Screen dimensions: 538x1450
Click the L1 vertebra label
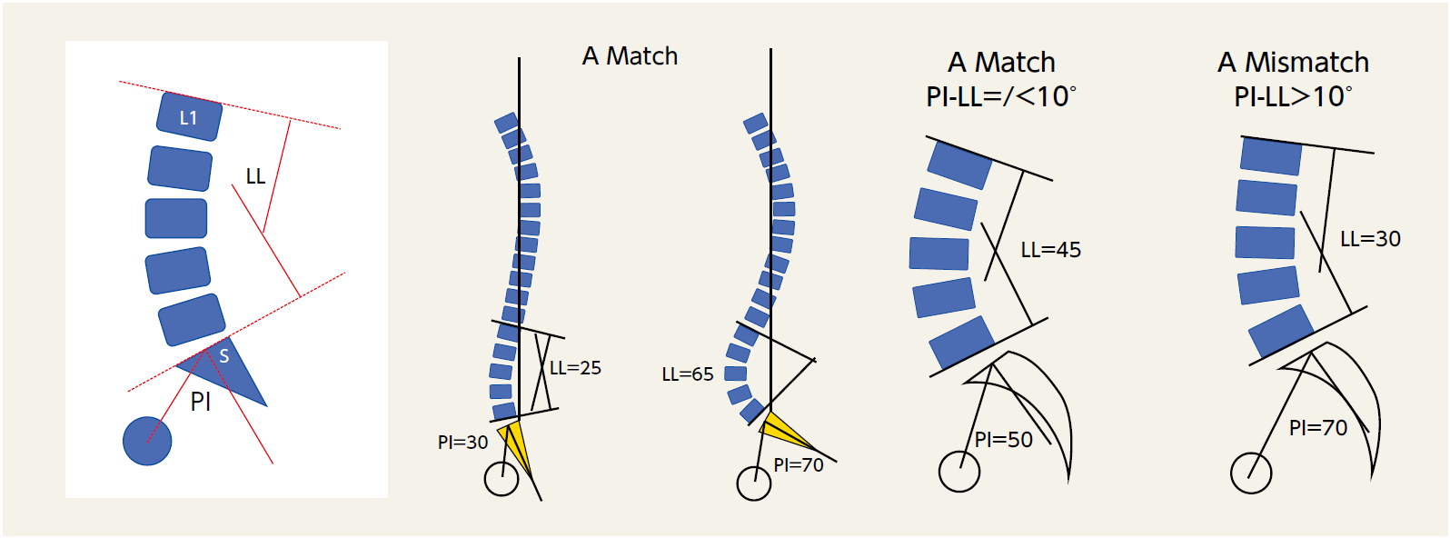188,117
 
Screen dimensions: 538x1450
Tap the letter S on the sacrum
224,357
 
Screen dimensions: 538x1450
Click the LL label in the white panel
255,176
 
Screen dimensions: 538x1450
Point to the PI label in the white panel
201,402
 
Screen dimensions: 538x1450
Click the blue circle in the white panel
147,442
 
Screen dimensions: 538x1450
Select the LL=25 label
575,368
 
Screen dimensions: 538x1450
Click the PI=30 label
462,443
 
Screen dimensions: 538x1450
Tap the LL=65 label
688,374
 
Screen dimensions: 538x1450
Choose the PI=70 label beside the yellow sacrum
799,465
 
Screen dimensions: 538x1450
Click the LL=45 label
1051,250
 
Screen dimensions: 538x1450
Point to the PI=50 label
1004,440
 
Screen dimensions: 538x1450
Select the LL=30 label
1370,239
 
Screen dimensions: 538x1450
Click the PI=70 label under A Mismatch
1318,428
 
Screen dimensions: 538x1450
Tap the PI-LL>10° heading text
1293,96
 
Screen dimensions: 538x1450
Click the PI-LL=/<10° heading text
1001,96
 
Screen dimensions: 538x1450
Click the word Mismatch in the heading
1306,62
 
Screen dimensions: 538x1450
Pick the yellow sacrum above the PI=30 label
514,440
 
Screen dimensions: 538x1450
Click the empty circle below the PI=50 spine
958,472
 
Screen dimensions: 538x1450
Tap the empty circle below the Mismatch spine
1251,473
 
